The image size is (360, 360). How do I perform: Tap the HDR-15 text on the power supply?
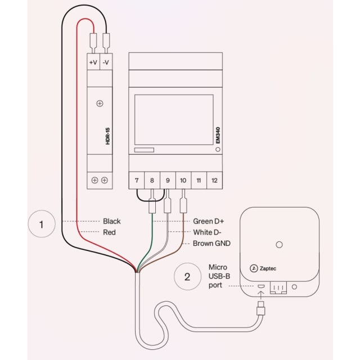click(x=107, y=136)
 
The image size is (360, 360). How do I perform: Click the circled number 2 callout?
click(x=187, y=276)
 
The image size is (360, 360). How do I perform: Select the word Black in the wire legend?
click(x=111, y=221)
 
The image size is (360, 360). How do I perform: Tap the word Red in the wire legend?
click(x=109, y=232)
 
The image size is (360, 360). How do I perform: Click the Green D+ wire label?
click(x=210, y=221)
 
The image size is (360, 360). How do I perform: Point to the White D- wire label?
click(x=209, y=232)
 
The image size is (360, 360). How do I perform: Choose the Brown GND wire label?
click(x=211, y=243)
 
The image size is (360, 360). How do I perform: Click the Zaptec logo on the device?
click(x=263, y=268)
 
